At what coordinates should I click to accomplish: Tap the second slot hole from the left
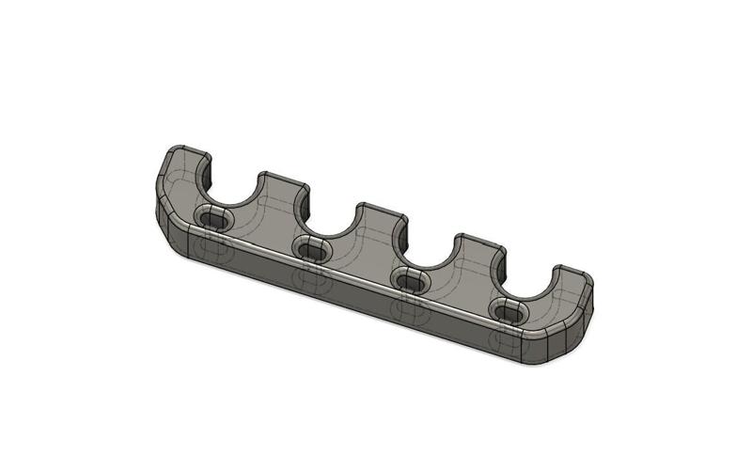[x=311, y=249]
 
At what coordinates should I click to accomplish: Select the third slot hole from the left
[x=410, y=279]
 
